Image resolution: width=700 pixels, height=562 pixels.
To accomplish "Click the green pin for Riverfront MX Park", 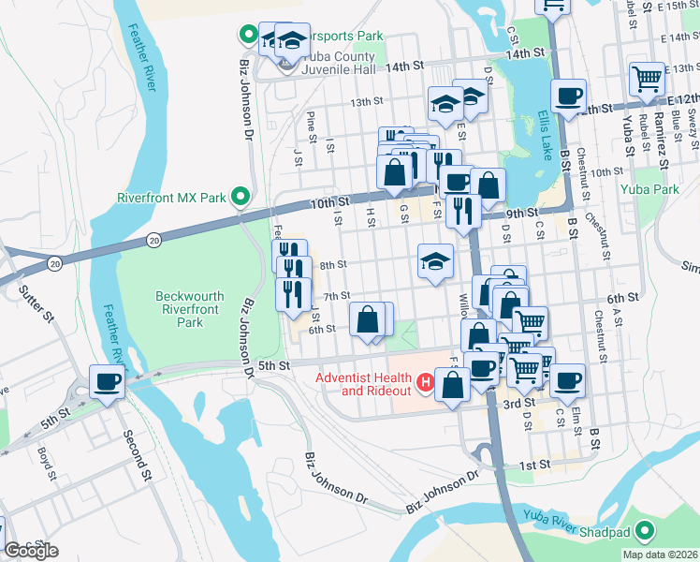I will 241,197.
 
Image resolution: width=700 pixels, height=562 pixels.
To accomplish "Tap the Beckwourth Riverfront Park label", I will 190,309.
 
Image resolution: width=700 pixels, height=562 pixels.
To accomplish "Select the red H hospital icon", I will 426,382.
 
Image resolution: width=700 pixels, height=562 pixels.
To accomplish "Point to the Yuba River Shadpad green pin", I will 642,532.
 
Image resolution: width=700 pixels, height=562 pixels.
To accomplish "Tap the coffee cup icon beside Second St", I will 106,382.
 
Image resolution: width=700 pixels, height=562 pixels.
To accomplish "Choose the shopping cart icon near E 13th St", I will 647,80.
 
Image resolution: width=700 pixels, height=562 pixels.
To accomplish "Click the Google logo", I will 30,551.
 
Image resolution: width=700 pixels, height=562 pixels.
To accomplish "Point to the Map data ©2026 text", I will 659,555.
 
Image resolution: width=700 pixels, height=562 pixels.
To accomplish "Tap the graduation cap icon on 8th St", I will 435,261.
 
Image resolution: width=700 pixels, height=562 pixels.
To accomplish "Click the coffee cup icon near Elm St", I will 567,380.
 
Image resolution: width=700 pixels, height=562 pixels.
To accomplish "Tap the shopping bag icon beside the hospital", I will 453,386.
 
